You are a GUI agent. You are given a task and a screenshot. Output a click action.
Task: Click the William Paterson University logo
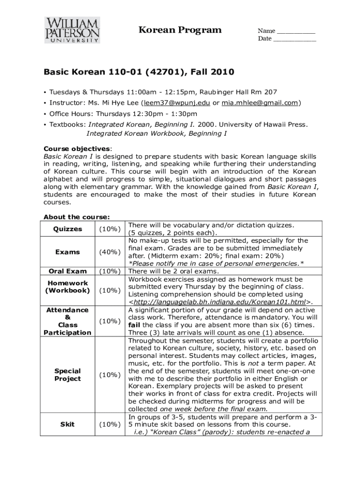click(x=72, y=30)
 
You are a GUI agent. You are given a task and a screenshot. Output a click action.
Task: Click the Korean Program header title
click(x=180, y=30)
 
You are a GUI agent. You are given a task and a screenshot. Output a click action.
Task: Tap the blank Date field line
click(x=294, y=39)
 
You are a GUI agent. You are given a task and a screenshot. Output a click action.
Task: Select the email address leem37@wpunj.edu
click(x=177, y=103)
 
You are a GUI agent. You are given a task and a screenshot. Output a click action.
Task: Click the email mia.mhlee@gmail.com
click(x=260, y=103)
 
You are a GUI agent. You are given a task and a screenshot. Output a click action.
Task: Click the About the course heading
click(x=77, y=217)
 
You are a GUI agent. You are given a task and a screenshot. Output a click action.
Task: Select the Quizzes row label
click(x=68, y=229)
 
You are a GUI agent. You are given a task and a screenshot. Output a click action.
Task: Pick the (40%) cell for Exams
click(x=110, y=252)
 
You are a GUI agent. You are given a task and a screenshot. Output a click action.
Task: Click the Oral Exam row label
click(x=68, y=271)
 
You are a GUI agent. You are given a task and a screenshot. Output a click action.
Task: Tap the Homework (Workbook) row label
click(x=68, y=287)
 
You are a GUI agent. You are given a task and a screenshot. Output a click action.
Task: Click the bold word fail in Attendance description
click(x=135, y=325)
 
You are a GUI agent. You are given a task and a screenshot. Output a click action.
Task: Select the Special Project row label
click(x=68, y=375)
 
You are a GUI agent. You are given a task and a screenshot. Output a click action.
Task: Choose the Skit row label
click(x=68, y=425)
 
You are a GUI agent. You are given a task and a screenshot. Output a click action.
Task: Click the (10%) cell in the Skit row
click(x=110, y=425)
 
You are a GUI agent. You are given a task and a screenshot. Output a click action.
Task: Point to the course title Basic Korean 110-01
click(x=93, y=73)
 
